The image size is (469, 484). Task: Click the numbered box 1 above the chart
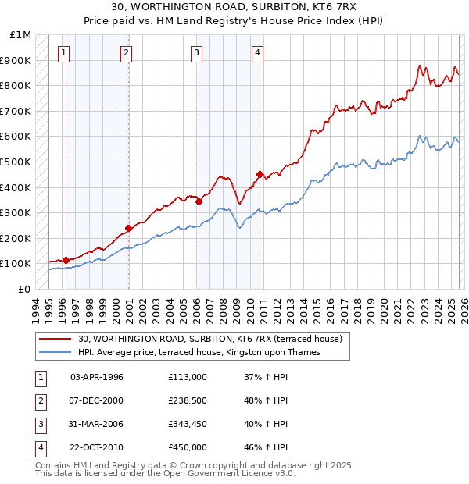[x=63, y=53]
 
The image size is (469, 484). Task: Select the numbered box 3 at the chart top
[x=196, y=53]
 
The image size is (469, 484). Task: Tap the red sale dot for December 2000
[x=127, y=229]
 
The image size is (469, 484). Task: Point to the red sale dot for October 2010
[x=260, y=174]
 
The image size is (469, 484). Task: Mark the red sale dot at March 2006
[x=199, y=201]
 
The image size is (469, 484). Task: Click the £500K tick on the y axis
[x=17, y=162]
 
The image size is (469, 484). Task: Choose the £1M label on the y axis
[x=21, y=35]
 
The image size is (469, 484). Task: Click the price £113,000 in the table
[x=188, y=377]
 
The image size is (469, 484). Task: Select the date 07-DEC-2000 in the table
[x=96, y=400]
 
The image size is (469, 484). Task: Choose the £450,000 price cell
[x=188, y=447]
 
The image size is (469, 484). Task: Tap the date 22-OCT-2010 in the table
[x=96, y=447]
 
